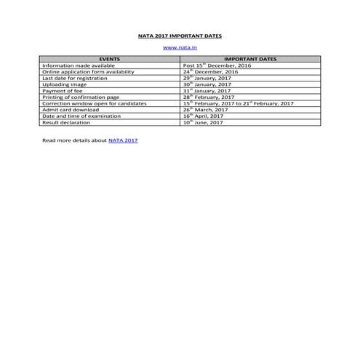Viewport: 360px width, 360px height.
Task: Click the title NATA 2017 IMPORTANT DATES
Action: [180, 35]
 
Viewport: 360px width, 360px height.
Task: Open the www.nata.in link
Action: [180, 47]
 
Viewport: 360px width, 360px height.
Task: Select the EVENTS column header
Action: [111, 60]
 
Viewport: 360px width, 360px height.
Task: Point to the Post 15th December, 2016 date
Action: [217, 66]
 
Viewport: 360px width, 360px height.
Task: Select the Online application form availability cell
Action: [88, 72]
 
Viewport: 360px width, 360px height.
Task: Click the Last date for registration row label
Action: [76, 79]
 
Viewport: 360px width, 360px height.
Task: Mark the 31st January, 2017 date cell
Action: [207, 91]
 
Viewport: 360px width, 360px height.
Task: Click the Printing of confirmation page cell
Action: [82, 97]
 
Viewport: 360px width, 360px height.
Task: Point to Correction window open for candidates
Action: [95, 103]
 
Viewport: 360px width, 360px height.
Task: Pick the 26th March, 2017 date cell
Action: [206, 110]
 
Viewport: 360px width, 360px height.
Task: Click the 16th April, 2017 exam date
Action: [204, 116]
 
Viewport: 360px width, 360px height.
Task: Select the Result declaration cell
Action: [67, 122]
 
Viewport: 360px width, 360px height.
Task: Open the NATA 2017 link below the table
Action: [123, 140]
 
